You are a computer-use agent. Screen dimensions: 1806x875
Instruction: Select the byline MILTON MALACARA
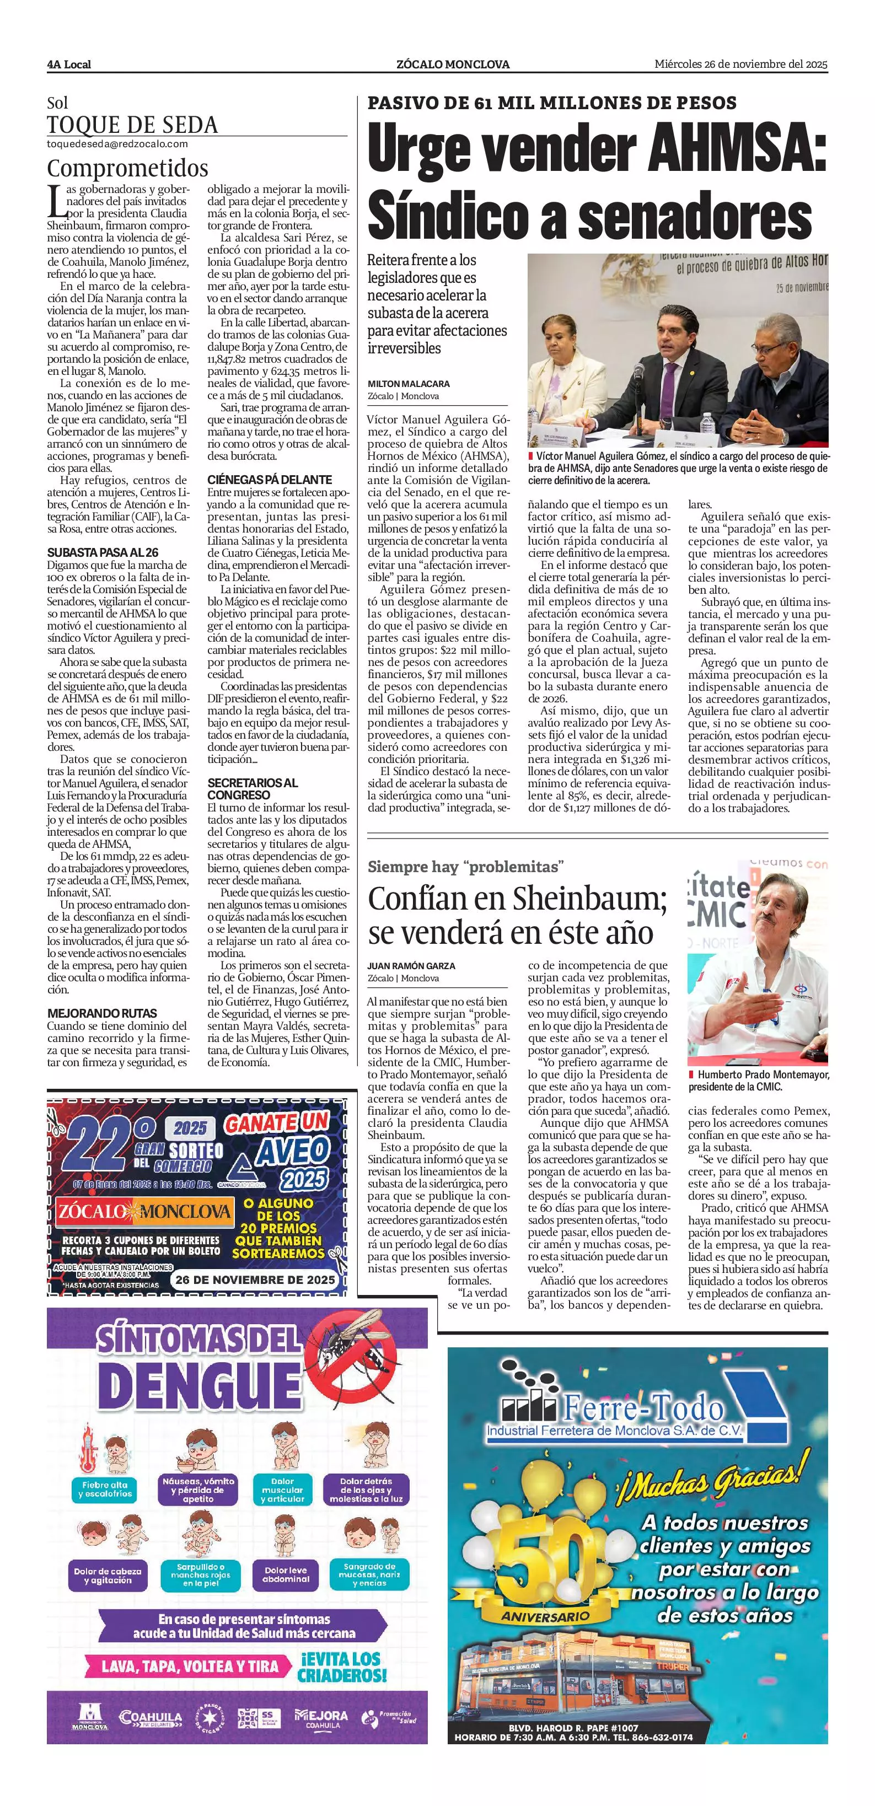click(x=409, y=384)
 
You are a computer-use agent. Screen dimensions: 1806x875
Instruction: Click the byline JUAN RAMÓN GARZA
click(x=411, y=965)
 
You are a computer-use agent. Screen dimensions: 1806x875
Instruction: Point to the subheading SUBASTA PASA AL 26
click(x=103, y=552)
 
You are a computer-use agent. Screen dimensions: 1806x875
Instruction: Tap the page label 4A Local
click(x=69, y=64)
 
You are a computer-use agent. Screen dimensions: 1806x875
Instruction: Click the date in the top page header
click(x=741, y=64)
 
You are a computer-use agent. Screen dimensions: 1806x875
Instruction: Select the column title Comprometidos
click(x=127, y=168)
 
